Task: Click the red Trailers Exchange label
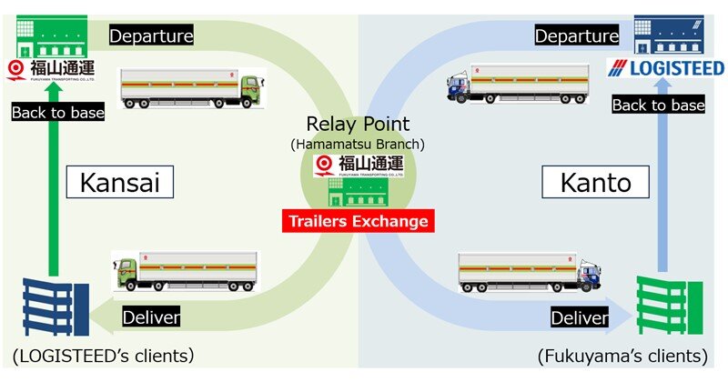[x=358, y=220]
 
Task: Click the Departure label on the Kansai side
[x=151, y=36]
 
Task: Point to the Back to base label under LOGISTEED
[x=659, y=106]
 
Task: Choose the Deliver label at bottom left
[x=151, y=317]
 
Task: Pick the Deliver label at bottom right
[x=579, y=317]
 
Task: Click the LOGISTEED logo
[x=669, y=68]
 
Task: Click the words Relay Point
[x=359, y=125]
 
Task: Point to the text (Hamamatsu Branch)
[x=359, y=144]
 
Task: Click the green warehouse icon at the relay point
[x=359, y=192]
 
